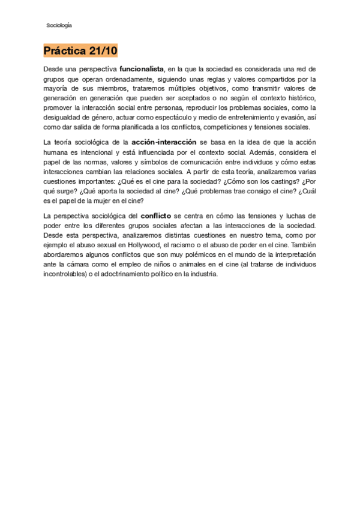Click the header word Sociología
click(59, 25)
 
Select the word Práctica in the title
click(64, 50)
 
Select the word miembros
click(107, 88)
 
